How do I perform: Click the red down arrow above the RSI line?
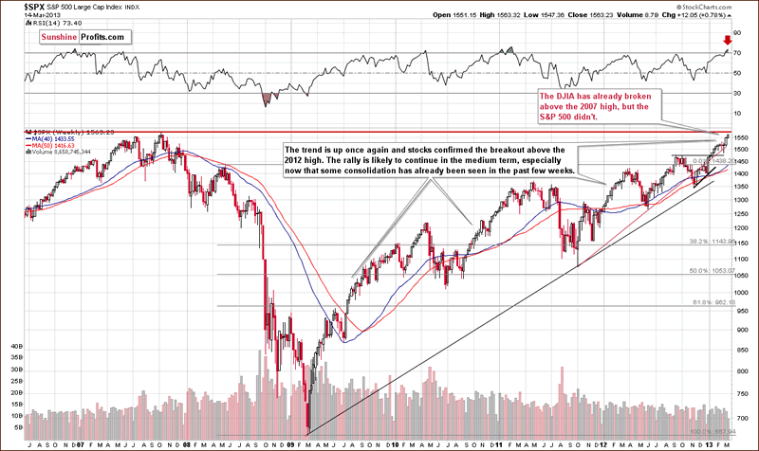point(727,41)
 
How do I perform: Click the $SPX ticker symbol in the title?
point(15,7)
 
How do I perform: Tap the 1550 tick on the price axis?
point(745,139)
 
